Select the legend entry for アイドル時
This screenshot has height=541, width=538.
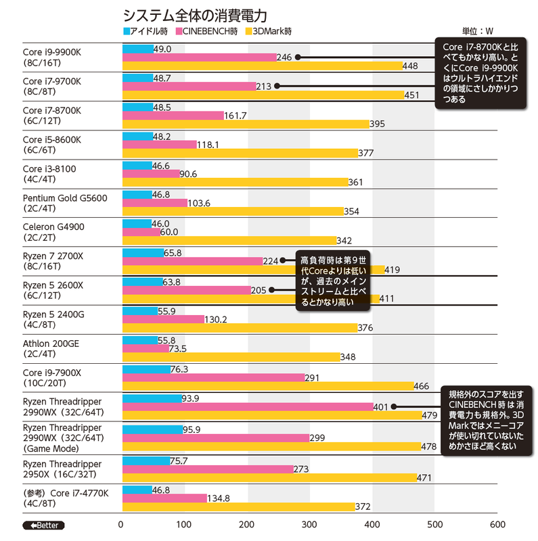(x=145, y=31)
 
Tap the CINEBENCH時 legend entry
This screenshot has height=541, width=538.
(x=207, y=31)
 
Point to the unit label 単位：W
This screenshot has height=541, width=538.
(x=478, y=31)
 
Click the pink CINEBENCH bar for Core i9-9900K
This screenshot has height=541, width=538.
(x=200, y=57)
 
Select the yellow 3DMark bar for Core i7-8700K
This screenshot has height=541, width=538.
(x=245, y=124)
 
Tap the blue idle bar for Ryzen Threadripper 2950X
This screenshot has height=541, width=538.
(x=145, y=461)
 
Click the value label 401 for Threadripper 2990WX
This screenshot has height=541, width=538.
(x=381, y=406)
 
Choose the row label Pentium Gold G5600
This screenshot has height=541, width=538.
(x=65, y=197)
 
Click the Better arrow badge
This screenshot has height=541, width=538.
(x=43, y=525)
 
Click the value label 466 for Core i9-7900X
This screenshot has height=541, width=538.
(x=422, y=386)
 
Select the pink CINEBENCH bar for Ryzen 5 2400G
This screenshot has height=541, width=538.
(x=163, y=319)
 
